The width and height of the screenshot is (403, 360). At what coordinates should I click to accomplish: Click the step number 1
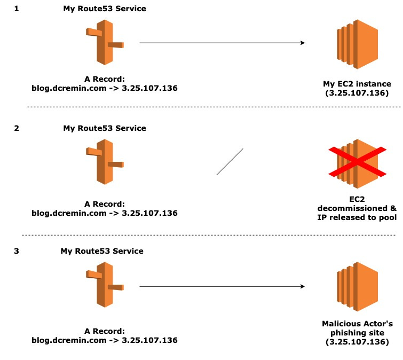[x=17, y=9]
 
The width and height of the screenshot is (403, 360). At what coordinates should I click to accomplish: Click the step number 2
[x=17, y=128]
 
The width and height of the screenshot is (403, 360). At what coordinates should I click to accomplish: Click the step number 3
[x=17, y=251]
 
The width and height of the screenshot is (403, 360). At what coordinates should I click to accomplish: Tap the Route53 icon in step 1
[x=105, y=42]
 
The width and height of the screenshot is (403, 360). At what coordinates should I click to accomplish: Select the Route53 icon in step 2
[x=105, y=162]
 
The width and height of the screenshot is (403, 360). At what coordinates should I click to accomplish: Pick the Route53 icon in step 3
[x=105, y=285]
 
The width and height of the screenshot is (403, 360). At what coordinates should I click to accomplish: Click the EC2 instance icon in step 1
[x=357, y=44]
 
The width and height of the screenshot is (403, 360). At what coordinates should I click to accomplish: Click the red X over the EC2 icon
[x=357, y=162]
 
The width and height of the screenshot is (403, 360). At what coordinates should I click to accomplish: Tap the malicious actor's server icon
[x=357, y=286]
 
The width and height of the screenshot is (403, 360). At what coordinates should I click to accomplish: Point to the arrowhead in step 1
[x=303, y=43]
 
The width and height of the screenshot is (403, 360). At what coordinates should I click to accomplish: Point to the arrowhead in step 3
[x=303, y=286]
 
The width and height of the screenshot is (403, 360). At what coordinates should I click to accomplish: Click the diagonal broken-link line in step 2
[x=230, y=162]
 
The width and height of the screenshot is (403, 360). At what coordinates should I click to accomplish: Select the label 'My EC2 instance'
[x=357, y=84]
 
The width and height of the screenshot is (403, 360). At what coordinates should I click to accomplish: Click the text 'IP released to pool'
[x=357, y=217]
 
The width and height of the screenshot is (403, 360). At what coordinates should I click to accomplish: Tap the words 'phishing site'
[x=357, y=333]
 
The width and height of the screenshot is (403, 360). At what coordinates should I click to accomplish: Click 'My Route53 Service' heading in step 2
[x=105, y=128]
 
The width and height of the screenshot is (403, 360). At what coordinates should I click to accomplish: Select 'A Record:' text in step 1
[x=105, y=79]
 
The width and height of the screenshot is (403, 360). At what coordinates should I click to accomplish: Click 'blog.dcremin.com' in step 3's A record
[x=69, y=340]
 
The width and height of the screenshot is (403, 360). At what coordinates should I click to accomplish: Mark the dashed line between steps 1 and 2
[x=214, y=107]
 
